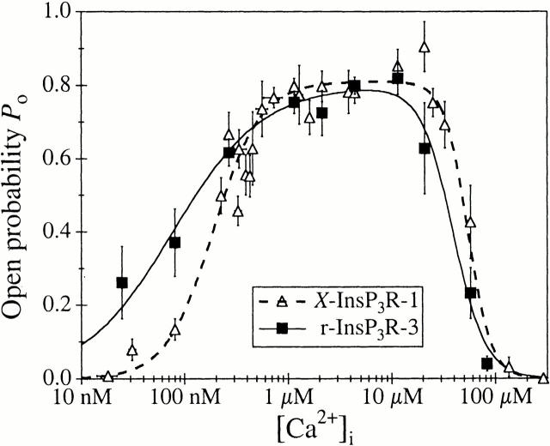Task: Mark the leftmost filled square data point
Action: coord(122,282)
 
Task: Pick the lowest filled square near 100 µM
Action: coord(486,363)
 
